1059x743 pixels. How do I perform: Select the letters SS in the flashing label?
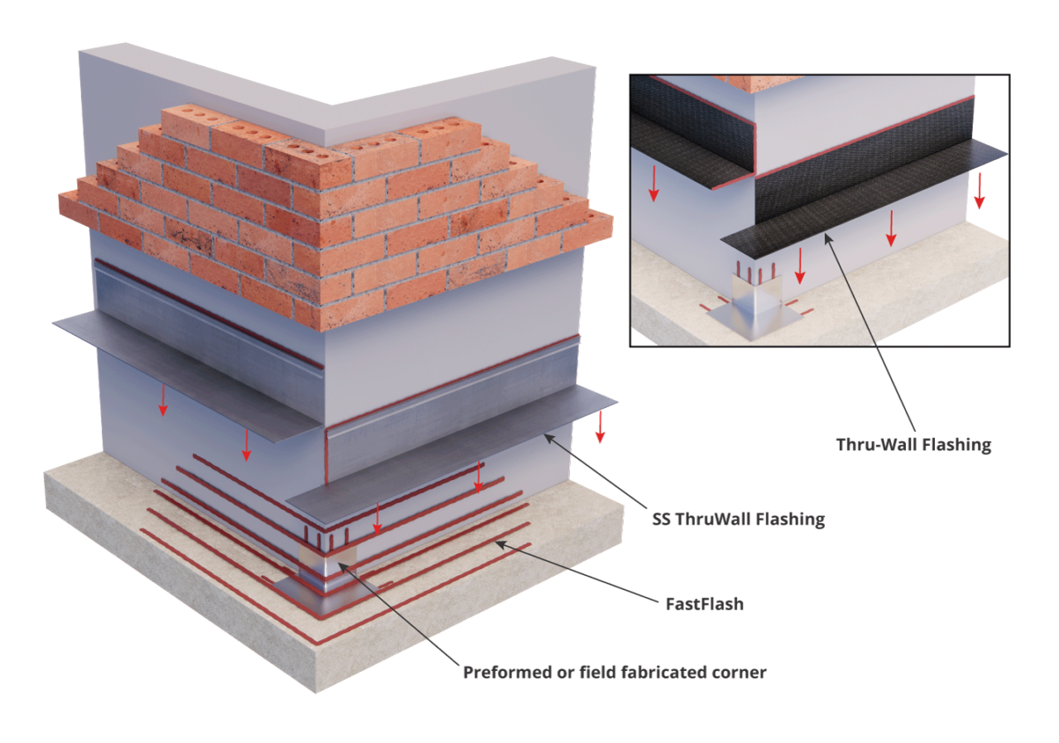[x=661, y=520]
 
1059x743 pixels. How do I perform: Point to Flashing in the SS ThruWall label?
[x=791, y=520]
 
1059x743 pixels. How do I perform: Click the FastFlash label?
[x=704, y=604]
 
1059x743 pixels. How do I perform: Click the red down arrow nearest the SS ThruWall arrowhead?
[x=600, y=427]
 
